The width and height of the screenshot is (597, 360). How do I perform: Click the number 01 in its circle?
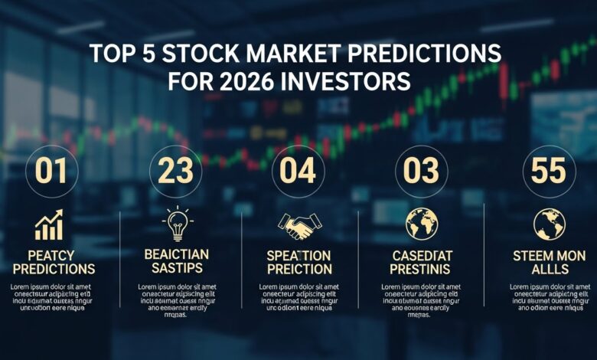point(52,171)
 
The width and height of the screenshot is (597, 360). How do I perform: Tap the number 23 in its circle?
point(175,171)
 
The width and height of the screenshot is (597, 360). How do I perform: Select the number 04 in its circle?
point(298,171)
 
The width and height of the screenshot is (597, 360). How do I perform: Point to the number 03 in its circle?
point(422,171)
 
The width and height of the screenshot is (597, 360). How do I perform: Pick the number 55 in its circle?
point(547,171)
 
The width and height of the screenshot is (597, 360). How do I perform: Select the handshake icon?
point(298,224)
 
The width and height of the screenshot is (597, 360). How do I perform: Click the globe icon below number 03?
point(422,223)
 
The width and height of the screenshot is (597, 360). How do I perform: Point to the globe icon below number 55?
point(547,223)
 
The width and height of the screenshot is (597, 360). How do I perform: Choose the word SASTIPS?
point(175,269)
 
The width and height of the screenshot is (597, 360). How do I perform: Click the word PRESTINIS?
point(422,269)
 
